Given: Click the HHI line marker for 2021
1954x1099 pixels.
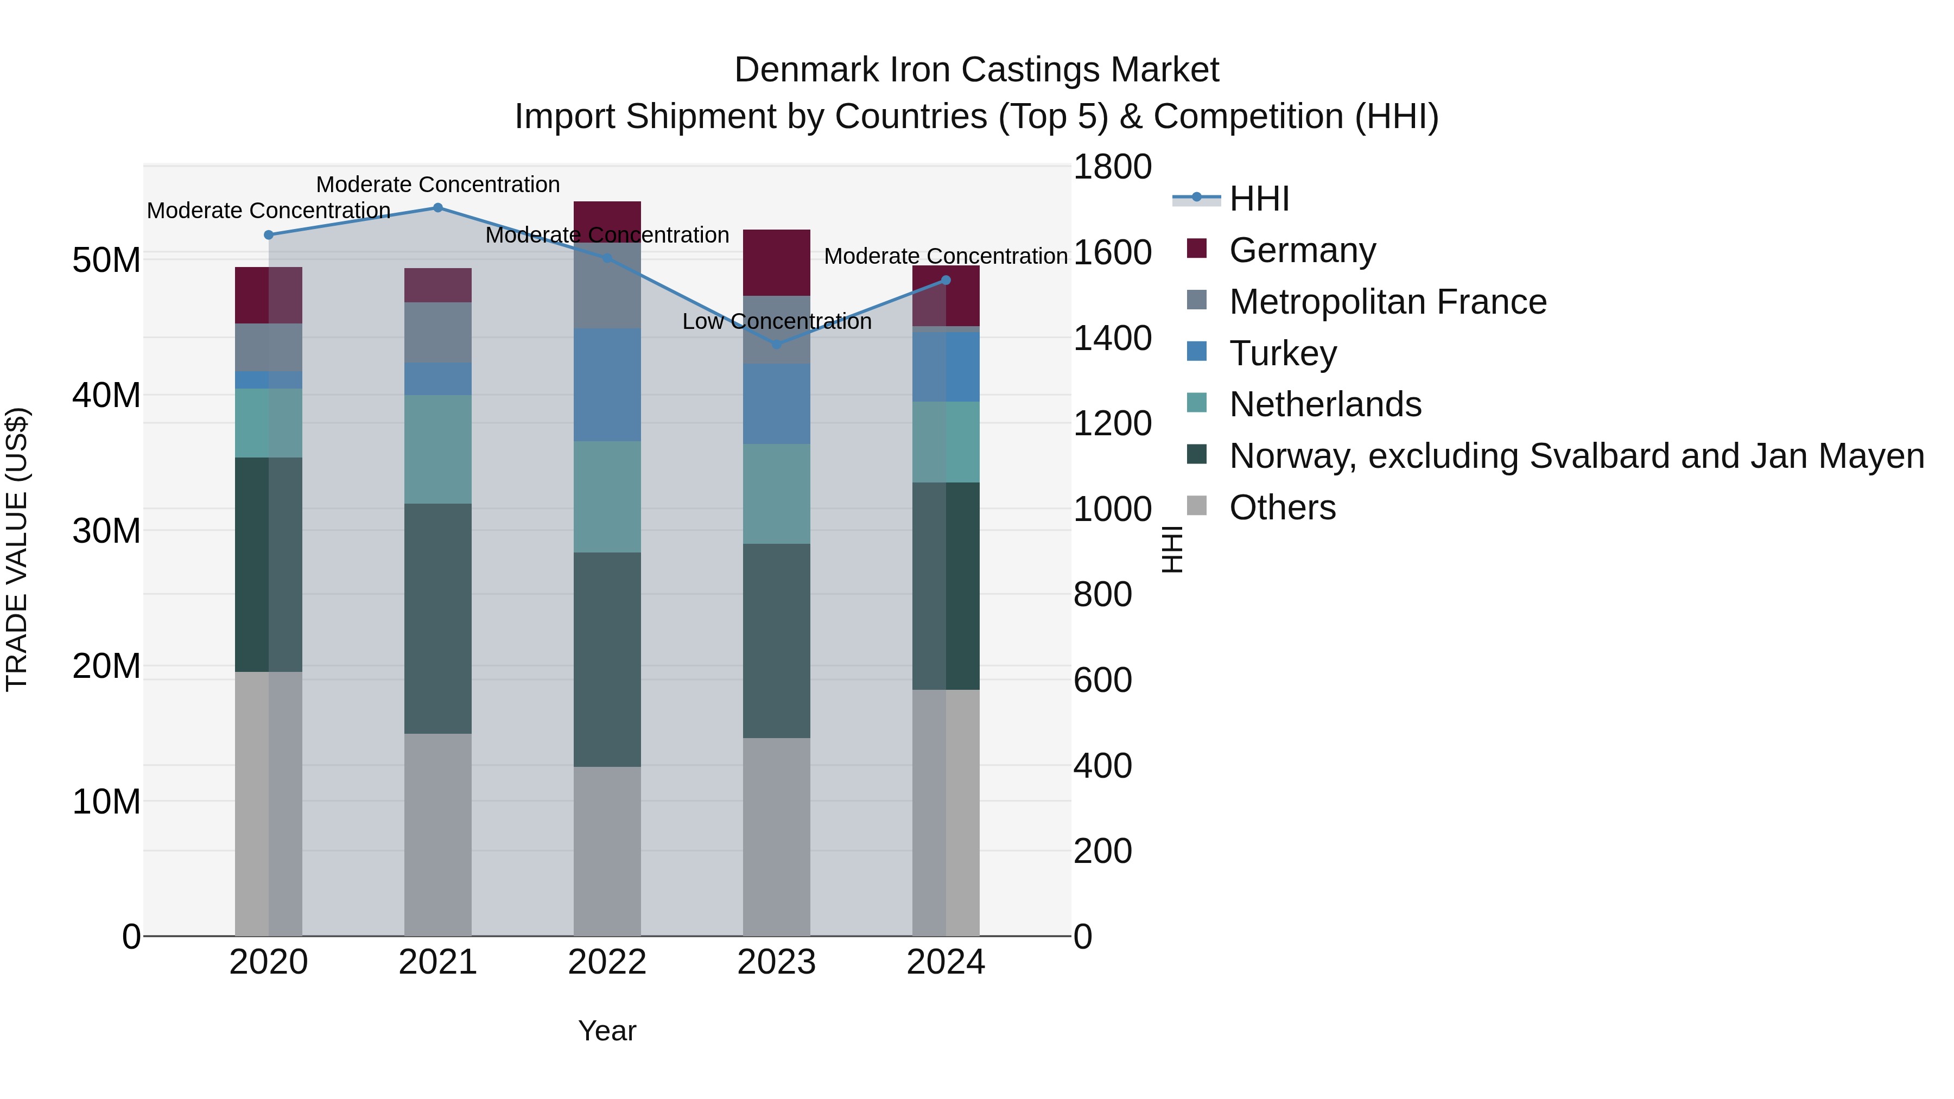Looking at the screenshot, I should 437,208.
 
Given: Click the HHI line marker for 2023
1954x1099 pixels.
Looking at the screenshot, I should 776,344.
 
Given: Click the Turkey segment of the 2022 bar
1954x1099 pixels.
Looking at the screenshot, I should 607,385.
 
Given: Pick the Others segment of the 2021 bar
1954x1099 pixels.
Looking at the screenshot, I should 437,834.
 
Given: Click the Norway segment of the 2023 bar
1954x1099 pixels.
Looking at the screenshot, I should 776,641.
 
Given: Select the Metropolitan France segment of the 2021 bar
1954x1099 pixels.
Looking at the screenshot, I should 437,332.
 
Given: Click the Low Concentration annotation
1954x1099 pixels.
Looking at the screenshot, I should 776,322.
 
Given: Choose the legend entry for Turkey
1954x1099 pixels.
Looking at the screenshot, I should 1283,353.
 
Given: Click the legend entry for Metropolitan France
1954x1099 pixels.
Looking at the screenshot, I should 1387,302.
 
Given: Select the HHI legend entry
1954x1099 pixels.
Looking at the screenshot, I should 1259,199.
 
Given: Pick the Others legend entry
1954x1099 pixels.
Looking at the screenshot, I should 1282,507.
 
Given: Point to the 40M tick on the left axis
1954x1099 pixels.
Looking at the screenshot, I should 106,395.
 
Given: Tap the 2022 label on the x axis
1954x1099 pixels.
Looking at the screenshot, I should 607,962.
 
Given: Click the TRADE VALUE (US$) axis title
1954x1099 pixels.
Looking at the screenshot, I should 17,549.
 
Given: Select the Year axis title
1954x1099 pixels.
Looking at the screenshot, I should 607,1031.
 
